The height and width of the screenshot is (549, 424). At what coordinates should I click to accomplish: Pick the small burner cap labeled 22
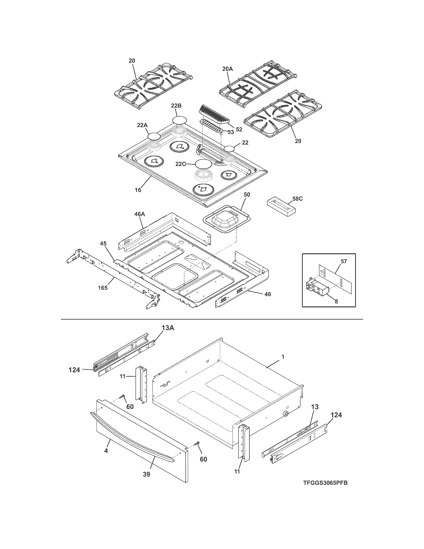point(230,149)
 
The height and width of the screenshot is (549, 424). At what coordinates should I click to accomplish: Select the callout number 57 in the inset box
point(344,262)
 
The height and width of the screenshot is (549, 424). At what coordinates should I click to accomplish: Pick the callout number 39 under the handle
point(146,474)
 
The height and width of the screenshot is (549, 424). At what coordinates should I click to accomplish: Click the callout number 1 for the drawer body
point(283,357)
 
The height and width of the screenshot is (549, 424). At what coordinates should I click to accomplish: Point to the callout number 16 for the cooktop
point(138,190)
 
